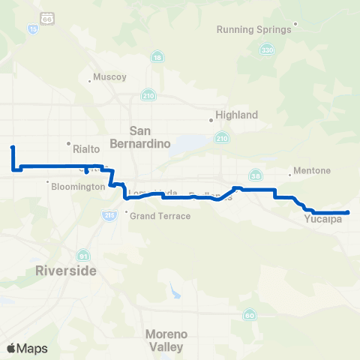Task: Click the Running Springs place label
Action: (253, 30)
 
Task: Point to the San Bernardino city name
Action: (151, 136)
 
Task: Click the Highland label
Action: (236, 115)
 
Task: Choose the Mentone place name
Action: (313, 170)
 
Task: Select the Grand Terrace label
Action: (161, 216)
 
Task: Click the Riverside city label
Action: (66, 271)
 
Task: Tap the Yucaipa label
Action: (323, 220)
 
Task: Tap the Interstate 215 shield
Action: (109, 215)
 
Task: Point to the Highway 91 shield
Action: (82, 254)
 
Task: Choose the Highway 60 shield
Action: (249, 315)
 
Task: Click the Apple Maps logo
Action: (27, 348)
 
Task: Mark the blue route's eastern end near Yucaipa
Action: (349, 213)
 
